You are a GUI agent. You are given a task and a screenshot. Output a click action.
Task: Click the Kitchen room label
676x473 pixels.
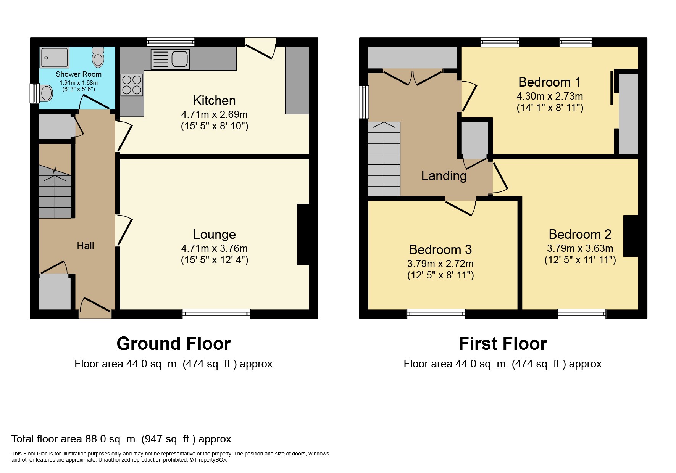click(x=214, y=100)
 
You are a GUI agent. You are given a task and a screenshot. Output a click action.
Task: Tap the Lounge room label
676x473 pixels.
click(x=214, y=234)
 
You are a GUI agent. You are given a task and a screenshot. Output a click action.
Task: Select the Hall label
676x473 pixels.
click(x=85, y=246)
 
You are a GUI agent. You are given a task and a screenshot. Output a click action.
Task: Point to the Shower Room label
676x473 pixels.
click(x=79, y=74)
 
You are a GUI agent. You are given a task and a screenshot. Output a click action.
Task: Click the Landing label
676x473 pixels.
click(x=444, y=175)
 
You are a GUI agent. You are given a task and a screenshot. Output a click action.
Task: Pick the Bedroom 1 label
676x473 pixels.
click(x=549, y=82)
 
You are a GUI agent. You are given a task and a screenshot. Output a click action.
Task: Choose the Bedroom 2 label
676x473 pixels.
click(x=580, y=234)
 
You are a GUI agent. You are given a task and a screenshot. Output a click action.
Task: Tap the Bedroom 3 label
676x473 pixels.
click(x=440, y=249)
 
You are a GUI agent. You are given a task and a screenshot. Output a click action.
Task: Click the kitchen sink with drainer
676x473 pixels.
click(x=170, y=59)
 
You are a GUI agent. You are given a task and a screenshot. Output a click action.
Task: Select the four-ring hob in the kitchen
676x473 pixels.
click(x=132, y=85)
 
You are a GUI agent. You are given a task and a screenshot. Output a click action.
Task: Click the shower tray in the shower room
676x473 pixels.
click(x=54, y=57)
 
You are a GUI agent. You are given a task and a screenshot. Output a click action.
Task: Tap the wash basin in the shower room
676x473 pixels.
click(x=46, y=93)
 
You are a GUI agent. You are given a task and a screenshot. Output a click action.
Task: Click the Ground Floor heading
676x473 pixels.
click(x=174, y=344)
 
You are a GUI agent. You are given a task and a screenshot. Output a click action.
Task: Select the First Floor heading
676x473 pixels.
click(x=503, y=344)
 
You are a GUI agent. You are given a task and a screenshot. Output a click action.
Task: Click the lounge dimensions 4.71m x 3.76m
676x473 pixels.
click(x=214, y=248)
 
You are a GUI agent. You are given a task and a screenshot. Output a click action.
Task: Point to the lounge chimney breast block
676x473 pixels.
click(x=303, y=234)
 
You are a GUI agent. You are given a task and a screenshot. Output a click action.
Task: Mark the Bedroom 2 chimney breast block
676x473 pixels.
click(x=631, y=236)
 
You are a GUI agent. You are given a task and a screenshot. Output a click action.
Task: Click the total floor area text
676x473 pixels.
click(x=121, y=439)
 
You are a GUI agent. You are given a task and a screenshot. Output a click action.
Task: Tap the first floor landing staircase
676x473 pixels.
click(x=384, y=159)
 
